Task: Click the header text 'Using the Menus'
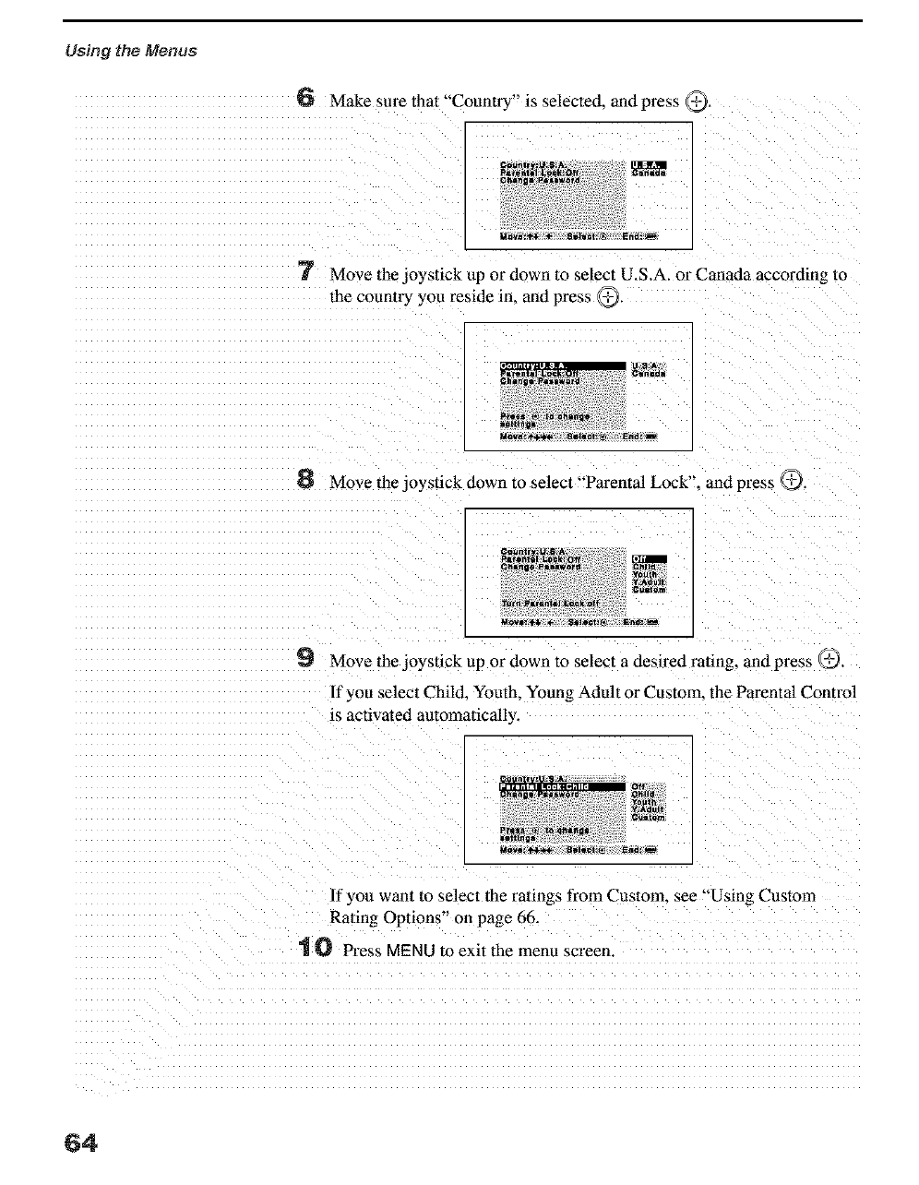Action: [x=130, y=50]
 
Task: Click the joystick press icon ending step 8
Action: [x=792, y=480]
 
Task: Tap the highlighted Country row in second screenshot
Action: [x=562, y=365]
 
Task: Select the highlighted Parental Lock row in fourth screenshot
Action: [x=562, y=786]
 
